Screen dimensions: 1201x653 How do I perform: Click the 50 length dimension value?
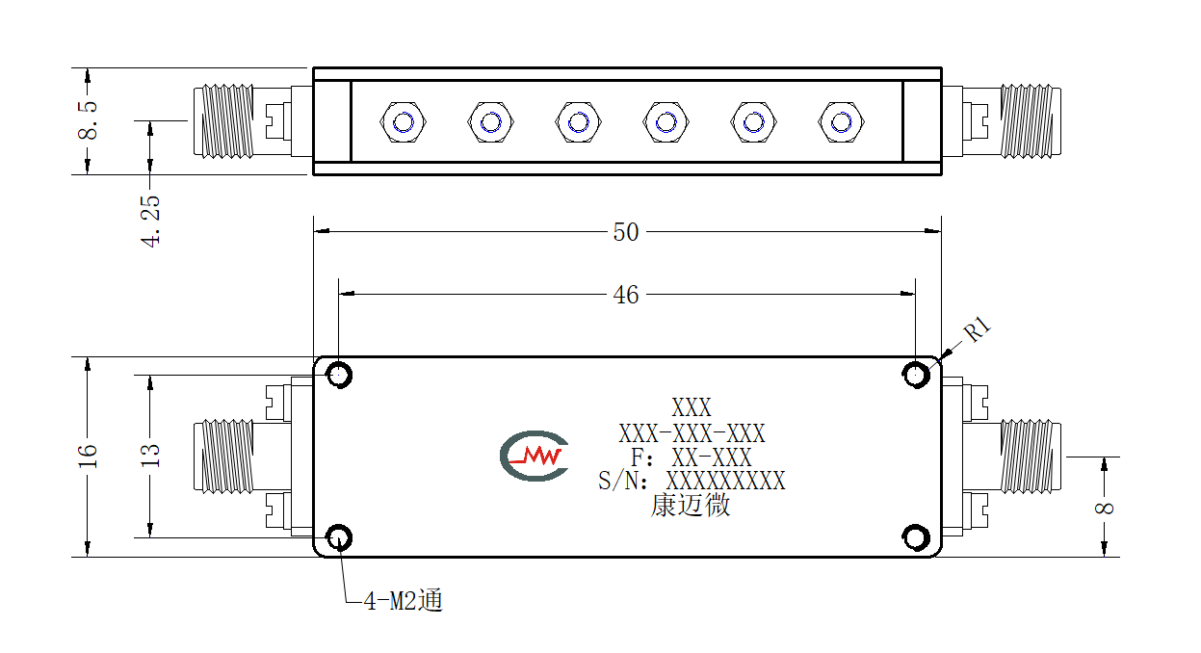pyautogui.click(x=626, y=232)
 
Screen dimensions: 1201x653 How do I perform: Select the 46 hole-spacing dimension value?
pyautogui.click(x=626, y=295)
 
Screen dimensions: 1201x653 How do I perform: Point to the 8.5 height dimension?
pyautogui.click(x=88, y=120)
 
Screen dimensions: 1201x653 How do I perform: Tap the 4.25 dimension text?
pyautogui.click(x=150, y=221)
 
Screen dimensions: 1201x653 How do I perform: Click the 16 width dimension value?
pyautogui.click(x=88, y=457)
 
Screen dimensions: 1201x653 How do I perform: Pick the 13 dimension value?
pyautogui.click(x=150, y=457)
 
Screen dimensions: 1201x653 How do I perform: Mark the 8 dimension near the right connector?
pyautogui.click(x=1104, y=508)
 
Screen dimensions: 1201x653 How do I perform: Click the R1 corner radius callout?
pyautogui.click(x=978, y=329)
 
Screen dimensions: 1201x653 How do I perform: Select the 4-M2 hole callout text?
pyautogui.click(x=404, y=600)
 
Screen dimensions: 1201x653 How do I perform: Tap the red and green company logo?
pyautogui.click(x=534, y=456)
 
